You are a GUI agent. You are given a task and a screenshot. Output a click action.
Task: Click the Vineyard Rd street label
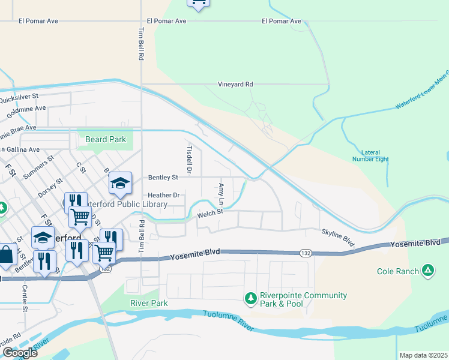point(235,85)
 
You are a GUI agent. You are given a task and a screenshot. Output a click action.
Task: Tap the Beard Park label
point(106,140)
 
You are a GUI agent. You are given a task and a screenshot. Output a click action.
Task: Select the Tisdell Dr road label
point(189,160)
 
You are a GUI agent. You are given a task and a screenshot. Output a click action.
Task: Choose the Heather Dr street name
point(163,195)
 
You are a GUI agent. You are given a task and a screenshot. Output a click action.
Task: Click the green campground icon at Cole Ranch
point(428,271)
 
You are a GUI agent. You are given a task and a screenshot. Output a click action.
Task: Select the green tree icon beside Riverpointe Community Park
point(251,298)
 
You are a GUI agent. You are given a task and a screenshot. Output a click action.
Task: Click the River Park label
point(149,304)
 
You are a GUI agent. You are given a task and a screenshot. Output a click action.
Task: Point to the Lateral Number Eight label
point(372,155)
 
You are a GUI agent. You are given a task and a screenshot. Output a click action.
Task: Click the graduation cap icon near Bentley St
point(120,182)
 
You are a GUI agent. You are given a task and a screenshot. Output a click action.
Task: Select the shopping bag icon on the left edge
point(5,254)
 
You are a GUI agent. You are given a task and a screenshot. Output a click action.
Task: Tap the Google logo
point(19,353)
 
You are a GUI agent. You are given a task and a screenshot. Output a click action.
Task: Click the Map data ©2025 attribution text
point(423,355)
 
